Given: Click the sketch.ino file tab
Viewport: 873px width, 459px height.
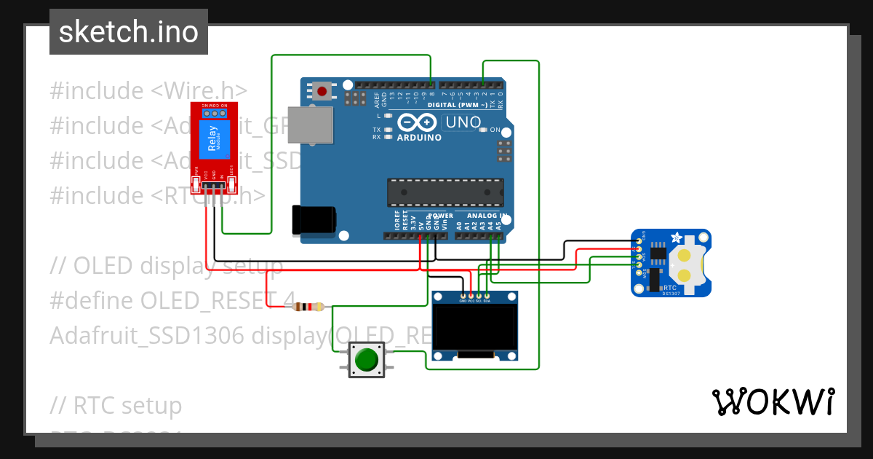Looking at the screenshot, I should (x=128, y=32).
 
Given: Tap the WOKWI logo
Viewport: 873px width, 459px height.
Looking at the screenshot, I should (x=773, y=401).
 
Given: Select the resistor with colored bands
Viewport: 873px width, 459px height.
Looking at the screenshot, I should (x=308, y=307).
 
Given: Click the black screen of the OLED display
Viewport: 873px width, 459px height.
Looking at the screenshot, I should (x=475, y=327).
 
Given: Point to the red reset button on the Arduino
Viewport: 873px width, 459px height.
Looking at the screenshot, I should (x=322, y=91).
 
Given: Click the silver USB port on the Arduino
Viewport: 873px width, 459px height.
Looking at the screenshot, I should (x=309, y=125).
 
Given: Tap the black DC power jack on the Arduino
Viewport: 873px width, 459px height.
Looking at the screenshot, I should (x=313, y=220).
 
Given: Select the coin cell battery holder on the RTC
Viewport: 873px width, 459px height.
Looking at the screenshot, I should (x=685, y=264).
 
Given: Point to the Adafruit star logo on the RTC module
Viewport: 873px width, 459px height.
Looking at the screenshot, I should (x=677, y=238).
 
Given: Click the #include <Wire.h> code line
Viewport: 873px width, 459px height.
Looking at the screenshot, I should (x=148, y=91).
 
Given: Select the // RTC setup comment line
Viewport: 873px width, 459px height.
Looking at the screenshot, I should (x=116, y=405).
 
